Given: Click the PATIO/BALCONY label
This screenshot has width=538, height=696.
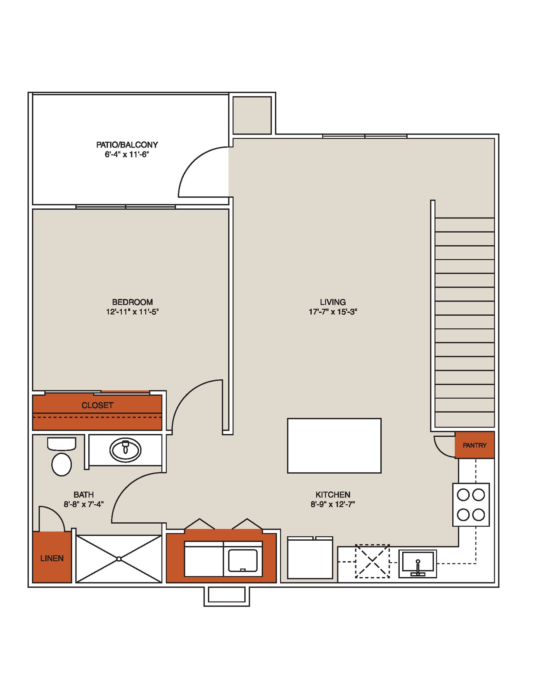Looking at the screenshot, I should point(127,145).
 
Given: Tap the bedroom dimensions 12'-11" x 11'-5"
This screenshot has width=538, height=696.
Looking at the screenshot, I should point(132,312).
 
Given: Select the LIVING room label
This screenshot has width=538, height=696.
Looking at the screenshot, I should point(333,302).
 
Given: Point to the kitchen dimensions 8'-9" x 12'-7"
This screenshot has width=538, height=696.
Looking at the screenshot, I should point(332,504).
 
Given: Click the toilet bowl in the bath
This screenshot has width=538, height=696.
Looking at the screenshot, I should point(62,464).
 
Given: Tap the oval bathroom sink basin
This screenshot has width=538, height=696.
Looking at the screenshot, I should point(125,450).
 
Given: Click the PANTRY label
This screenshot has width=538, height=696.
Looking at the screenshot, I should point(474,445).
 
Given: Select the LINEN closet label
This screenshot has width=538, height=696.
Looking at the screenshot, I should point(52,558).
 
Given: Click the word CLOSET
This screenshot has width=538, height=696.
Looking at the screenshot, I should point(97,405).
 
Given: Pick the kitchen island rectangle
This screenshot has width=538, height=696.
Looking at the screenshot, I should point(334,446).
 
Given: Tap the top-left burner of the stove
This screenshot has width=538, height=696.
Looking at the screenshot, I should point(463,495).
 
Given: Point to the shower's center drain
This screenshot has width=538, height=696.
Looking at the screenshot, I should point(119,559).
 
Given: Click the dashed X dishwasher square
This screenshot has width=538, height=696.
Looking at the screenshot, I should point(372,561).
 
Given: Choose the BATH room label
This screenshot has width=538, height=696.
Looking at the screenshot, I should point(83,494).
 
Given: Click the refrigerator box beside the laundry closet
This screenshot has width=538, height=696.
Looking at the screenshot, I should point(310,558).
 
